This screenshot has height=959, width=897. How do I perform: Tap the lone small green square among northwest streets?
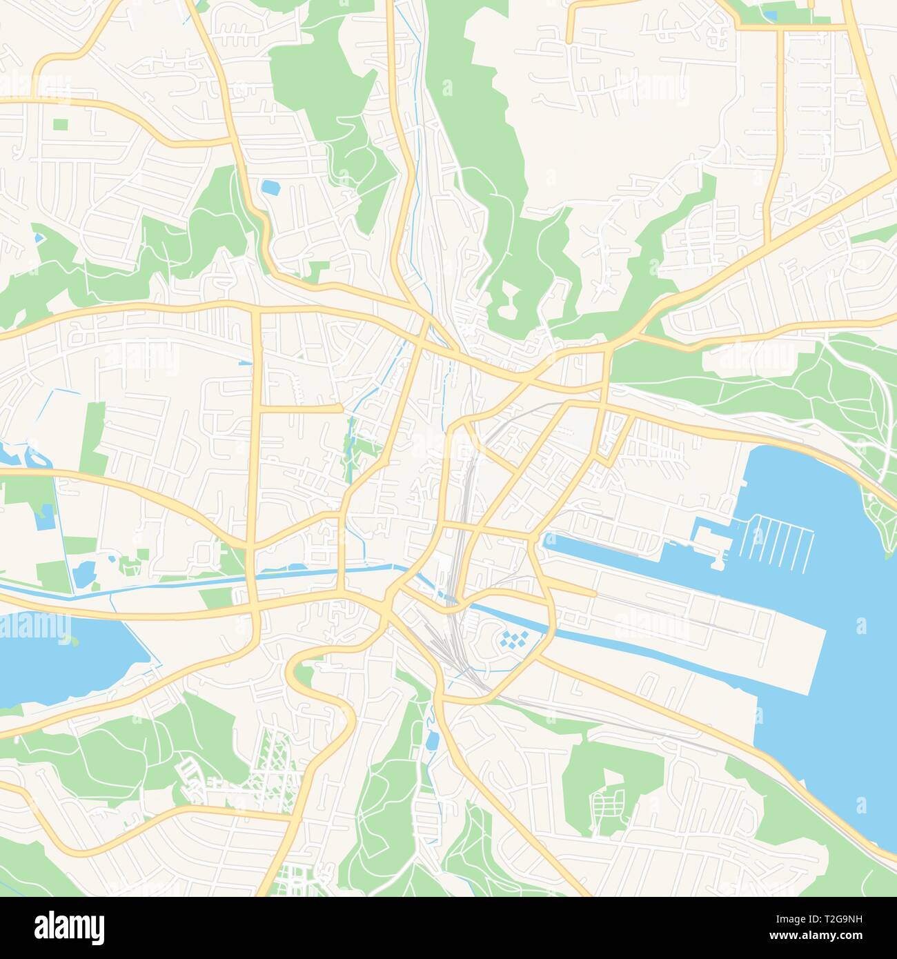(61, 125)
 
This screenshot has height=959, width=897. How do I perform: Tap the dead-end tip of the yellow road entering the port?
(594, 593)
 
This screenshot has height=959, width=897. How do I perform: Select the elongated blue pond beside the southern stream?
(432, 742)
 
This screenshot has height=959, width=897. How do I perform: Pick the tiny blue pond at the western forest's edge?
(39, 238)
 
